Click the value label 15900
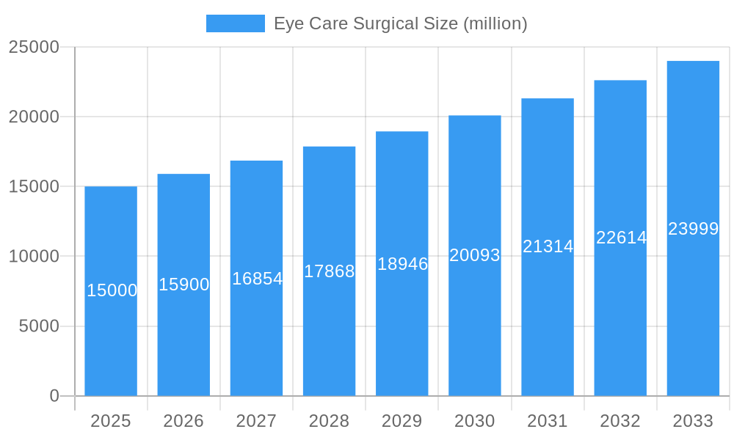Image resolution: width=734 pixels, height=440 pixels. point(184,285)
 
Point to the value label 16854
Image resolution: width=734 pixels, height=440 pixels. point(257,279)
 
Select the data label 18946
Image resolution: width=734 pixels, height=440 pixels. point(402,264)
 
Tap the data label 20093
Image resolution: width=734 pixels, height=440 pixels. point(475,255)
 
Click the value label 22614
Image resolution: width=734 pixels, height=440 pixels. point(621,238)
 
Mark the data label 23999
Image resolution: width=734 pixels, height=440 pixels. point(693,229)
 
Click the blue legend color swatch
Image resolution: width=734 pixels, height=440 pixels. point(235,23)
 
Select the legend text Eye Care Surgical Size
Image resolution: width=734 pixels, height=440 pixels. point(400,23)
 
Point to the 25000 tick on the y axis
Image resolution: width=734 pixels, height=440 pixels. point(34,47)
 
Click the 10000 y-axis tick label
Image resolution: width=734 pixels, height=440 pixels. point(34,257)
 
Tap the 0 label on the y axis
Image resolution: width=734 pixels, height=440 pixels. point(54,396)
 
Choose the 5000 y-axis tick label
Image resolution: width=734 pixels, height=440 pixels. point(39,326)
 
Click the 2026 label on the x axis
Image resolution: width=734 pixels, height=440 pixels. point(183,421)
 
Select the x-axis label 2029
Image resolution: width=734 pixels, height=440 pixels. point(401,421)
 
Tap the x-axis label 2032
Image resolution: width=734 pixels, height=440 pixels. point(620,421)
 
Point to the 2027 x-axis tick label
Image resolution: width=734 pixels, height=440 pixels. point(256,421)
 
